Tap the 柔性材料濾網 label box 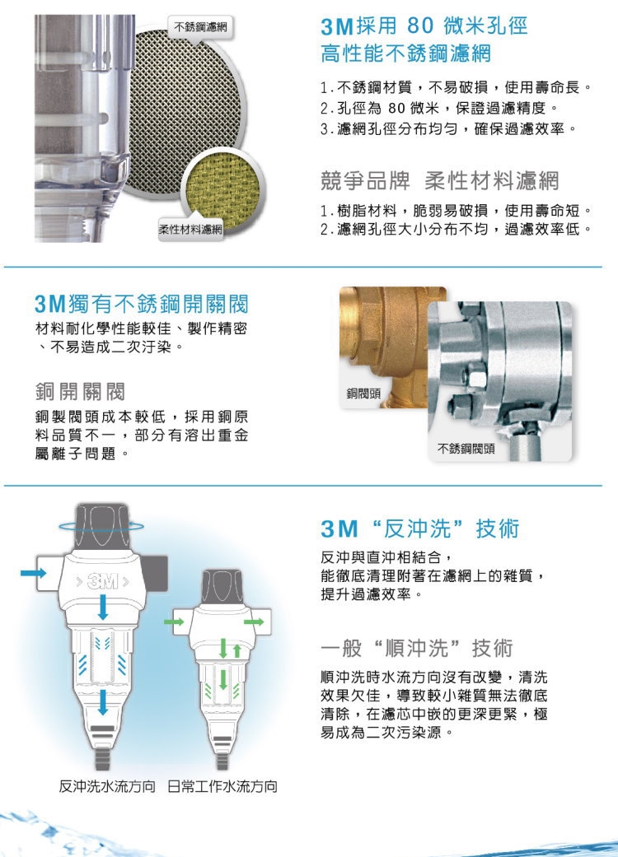pyautogui.click(x=190, y=228)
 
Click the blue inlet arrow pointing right pyautogui.click(x=33, y=571)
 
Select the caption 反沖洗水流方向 pyautogui.click(x=109, y=785)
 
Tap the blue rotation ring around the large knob pyautogui.click(x=103, y=525)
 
